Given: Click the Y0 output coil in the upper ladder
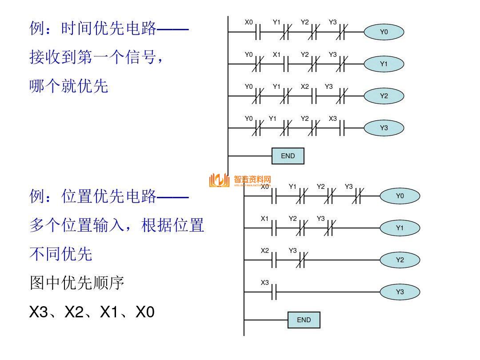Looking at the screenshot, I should coord(384,32).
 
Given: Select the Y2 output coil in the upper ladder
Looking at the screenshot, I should coord(384,96).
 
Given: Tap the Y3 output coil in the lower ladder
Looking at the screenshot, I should coord(400,292).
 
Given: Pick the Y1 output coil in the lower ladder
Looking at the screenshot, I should coord(400,228).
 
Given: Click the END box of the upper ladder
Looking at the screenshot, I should coord(288,156).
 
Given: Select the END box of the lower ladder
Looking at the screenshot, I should coord(304,320).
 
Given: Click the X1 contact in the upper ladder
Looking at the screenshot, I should coord(286,64).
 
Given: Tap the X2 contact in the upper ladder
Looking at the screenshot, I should coord(314,96).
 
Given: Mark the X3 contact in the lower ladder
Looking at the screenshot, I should coord(273,292).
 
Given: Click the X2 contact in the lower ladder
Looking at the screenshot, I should coord(273,260).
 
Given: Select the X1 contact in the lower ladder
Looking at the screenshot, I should coord(273,228).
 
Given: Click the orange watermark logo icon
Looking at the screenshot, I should coord(219,180).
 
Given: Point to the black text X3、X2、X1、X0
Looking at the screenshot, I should coord(92,312).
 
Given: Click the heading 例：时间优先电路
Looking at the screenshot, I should coord(109,29).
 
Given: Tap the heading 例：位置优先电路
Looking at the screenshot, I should coord(109,196).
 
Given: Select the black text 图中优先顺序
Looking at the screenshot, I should coord(77,283).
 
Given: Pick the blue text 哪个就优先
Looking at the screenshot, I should coord(69,86).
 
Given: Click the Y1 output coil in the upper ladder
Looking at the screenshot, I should coord(384,64).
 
